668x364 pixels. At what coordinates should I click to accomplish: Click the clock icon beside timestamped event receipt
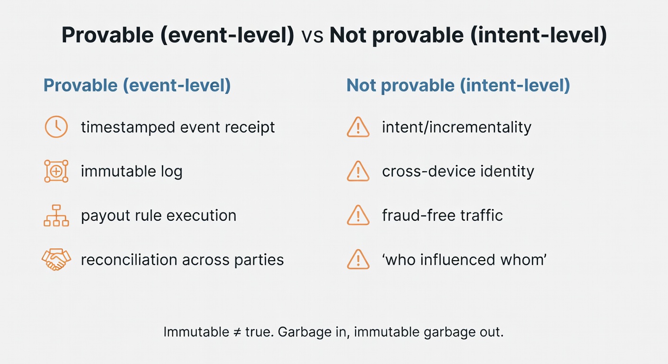56,127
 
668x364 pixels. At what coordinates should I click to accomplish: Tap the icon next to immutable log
56,171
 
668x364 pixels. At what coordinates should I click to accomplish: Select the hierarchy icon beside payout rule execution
56,216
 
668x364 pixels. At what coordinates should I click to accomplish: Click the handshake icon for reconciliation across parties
56,260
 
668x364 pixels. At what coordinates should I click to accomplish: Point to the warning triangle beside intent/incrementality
358,127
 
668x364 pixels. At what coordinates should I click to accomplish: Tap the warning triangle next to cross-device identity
358,171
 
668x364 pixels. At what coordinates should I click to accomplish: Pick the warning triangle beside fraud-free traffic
358,216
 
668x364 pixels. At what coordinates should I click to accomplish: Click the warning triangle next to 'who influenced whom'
358,260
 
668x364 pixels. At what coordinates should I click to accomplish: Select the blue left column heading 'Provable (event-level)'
137,85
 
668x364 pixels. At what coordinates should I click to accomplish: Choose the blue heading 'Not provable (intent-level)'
458,85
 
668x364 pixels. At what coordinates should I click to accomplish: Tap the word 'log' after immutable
171,171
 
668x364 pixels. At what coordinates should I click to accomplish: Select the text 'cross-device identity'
458,171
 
